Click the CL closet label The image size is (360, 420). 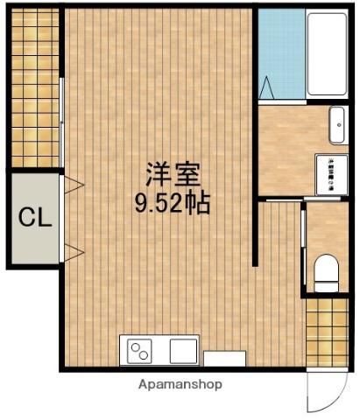tap(35, 216)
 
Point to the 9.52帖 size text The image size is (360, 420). tap(171, 204)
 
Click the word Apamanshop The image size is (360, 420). tap(180, 384)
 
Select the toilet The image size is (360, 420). tap(325, 272)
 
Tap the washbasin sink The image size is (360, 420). tap(338, 124)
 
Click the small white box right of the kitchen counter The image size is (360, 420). tap(224, 357)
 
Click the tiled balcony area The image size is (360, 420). tap(36, 87)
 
